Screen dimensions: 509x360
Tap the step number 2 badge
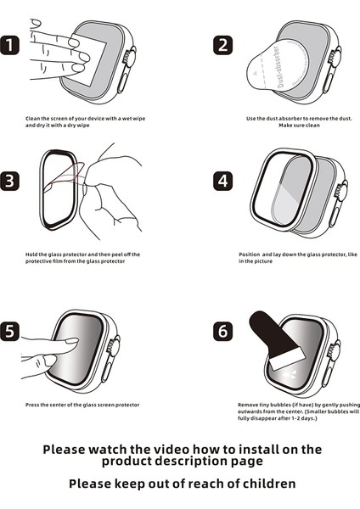pos(222,45)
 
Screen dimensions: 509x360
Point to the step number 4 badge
pos(222,181)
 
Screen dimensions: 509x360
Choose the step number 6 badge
pos(222,331)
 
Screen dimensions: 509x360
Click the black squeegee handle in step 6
pos(259,326)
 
